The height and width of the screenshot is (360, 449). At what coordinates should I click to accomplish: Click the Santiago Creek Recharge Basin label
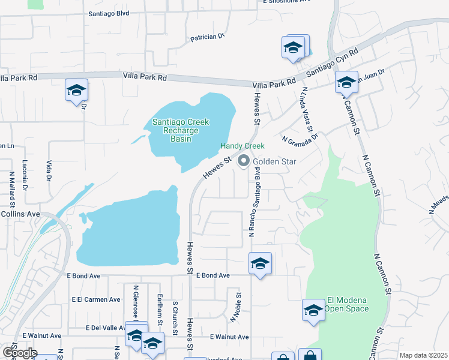point(180,130)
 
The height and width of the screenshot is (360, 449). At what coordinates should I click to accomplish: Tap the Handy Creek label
point(242,146)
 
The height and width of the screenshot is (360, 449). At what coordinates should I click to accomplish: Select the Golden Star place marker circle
point(244,161)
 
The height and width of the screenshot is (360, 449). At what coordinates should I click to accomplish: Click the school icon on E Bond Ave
point(260,263)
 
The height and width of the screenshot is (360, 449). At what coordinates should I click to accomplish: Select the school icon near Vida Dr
point(77,90)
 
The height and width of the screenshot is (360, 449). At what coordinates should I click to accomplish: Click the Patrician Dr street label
point(207,37)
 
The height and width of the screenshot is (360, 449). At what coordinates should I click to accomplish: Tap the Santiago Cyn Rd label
point(332,61)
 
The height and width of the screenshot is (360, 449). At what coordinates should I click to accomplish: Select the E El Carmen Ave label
point(96,299)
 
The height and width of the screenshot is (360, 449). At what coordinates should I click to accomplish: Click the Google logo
point(19,353)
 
